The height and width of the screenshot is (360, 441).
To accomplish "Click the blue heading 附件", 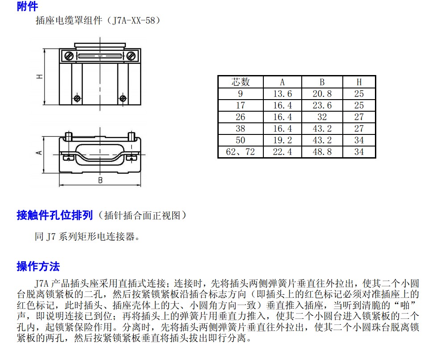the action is (27, 6).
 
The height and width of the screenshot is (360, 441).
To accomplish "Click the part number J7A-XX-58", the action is (133, 21).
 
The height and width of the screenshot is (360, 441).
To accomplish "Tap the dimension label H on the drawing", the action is (40, 76).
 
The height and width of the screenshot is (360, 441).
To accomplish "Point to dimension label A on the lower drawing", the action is (39, 153).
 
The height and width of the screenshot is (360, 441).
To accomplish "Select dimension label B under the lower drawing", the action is (100, 180).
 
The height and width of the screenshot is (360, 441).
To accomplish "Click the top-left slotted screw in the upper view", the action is (69, 56).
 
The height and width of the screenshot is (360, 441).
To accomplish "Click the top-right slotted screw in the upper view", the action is (131, 56).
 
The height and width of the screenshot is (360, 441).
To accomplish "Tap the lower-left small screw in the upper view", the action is (77, 99).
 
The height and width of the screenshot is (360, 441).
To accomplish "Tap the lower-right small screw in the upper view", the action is (123, 99).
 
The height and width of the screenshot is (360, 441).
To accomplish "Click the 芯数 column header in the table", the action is (241, 82).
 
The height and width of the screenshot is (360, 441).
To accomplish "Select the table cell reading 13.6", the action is (283, 94).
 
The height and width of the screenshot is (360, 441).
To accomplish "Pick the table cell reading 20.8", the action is (322, 94).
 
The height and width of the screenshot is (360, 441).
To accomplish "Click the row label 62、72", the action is (241, 152).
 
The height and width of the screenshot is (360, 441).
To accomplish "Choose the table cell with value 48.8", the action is (322, 152).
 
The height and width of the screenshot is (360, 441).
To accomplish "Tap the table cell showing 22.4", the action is (283, 152).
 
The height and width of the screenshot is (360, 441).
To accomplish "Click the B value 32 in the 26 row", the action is (322, 117).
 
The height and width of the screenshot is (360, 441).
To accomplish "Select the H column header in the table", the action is (359, 82).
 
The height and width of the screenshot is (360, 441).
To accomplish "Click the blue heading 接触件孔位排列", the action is (55, 215).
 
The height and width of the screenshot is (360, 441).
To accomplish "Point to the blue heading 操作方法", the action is (38, 266).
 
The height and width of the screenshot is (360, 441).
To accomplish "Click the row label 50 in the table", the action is (241, 140).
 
